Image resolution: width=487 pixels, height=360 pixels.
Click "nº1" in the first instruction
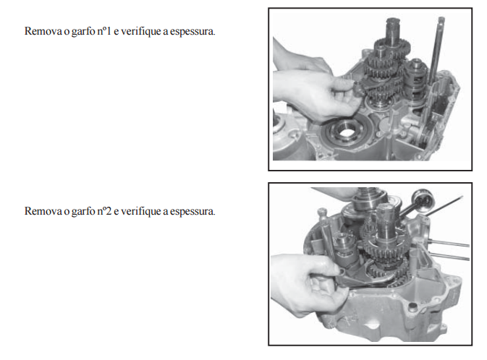click(x=104, y=31)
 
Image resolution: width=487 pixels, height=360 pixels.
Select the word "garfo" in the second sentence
click(x=83, y=211)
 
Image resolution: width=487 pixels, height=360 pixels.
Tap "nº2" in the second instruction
click(x=104, y=211)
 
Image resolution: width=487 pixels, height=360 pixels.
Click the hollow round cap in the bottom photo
click(x=423, y=199)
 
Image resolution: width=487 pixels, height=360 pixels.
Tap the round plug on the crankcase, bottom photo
click(x=412, y=307)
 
